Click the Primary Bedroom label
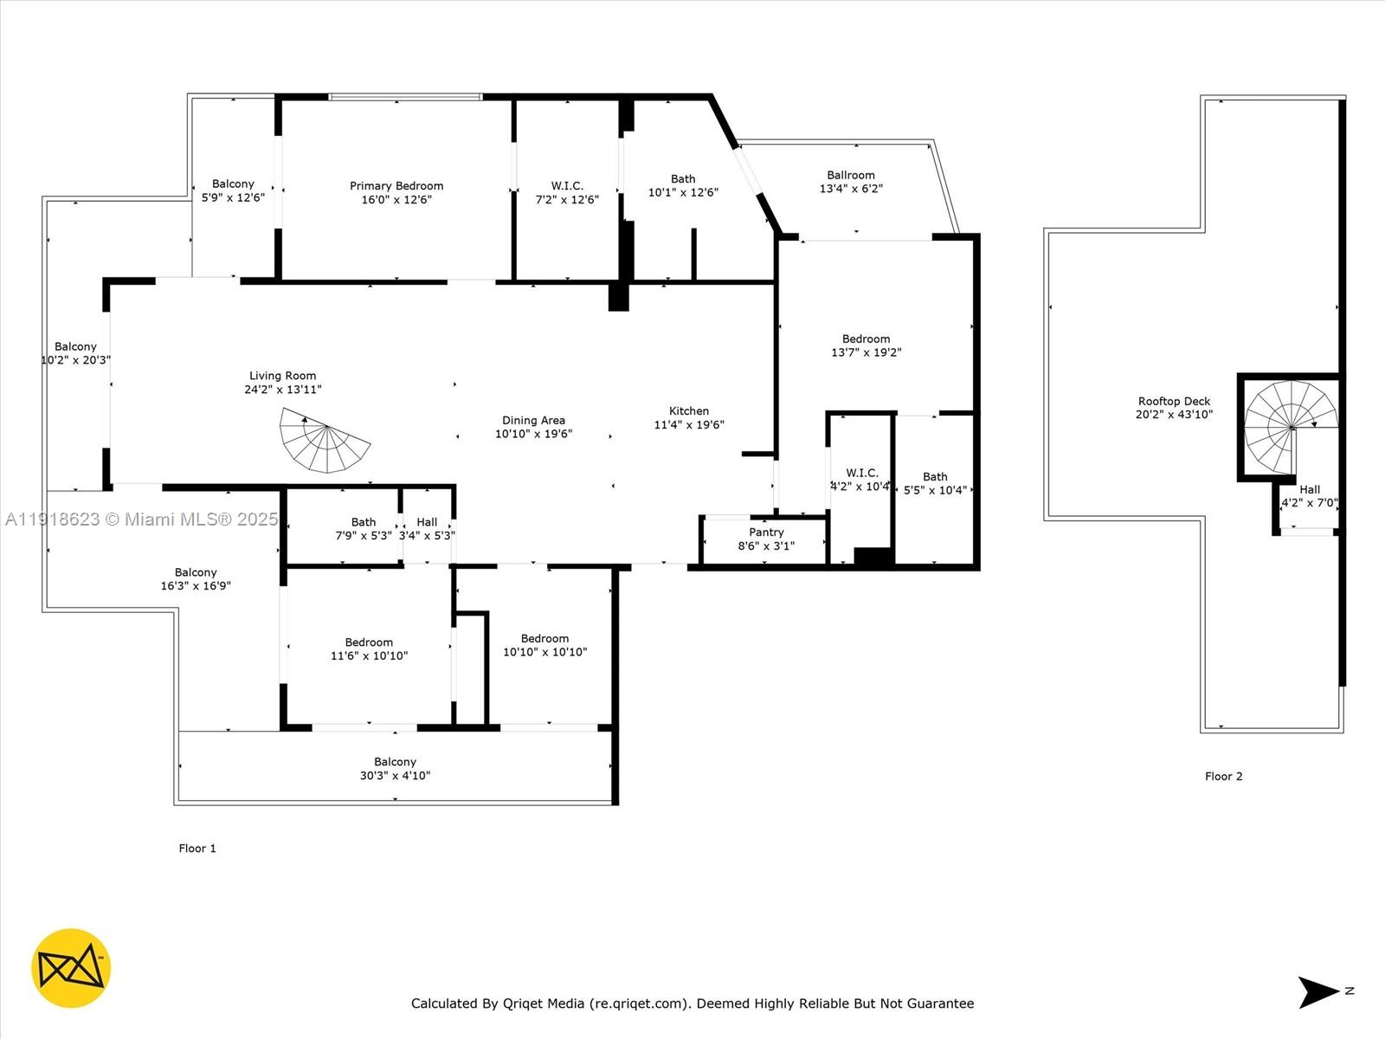tap(396, 185)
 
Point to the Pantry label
tap(766, 532)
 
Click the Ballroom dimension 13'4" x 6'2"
tap(851, 189)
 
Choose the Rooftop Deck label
tap(1174, 401)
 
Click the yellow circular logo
tap(71, 968)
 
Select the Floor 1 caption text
tap(197, 849)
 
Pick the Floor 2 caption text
tap(1223, 777)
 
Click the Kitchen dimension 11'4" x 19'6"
tap(689, 425)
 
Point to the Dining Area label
tap(533, 420)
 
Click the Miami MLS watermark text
tap(142, 519)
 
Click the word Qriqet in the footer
tap(544, 1004)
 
